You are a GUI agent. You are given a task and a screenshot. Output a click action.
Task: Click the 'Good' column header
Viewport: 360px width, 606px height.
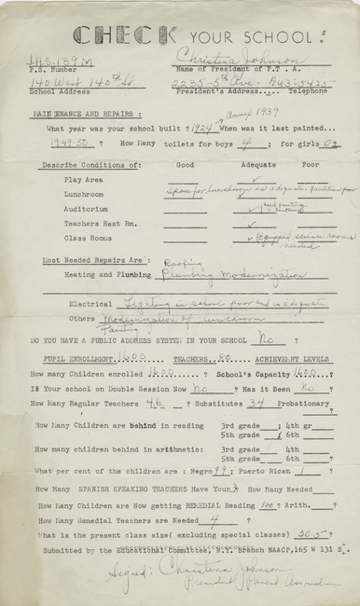[186, 164]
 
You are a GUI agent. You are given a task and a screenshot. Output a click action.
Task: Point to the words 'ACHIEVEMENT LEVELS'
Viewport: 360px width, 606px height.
[301, 357]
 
